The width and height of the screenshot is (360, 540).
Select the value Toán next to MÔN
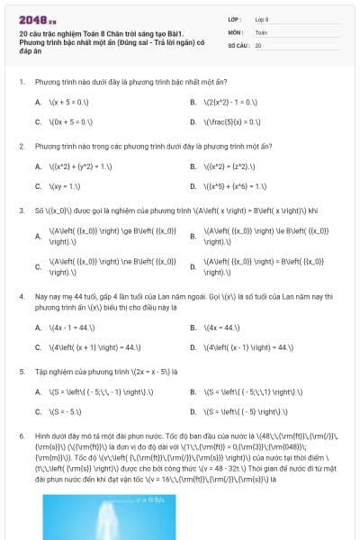pyautogui.click(x=261, y=31)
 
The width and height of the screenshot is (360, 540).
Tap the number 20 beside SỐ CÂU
pyautogui.click(x=259, y=44)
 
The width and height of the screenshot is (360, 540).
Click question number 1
pyautogui.click(x=21, y=81)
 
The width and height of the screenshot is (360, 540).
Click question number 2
pyautogui.click(x=21, y=145)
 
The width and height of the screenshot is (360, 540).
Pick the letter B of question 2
pyautogui.click(x=193, y=166)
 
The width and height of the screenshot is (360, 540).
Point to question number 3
pyautogui.click(x=21, y=210)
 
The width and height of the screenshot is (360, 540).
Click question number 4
pyautogui.click(x=21, y=294)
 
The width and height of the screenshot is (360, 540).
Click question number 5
pyautogui.click(x=21, y=369)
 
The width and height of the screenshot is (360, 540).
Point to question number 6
pyautogui.click(x=21, y=434)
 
